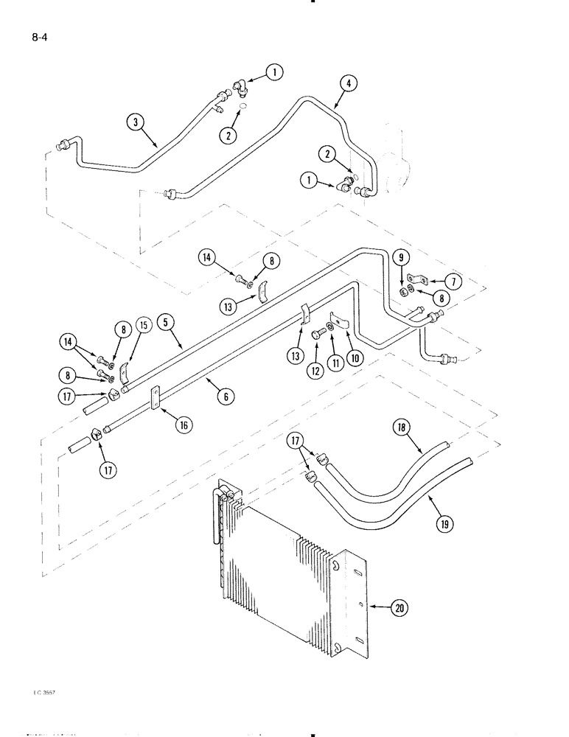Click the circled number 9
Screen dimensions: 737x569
401,258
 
